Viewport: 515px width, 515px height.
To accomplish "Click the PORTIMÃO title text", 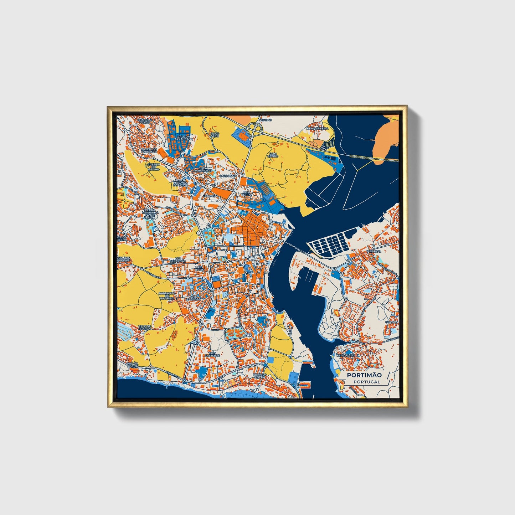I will point(364,375).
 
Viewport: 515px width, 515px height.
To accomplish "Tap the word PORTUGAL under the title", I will point(367,382).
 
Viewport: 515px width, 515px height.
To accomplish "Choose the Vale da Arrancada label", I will point(185,138).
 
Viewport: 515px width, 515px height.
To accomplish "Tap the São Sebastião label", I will point(178,260).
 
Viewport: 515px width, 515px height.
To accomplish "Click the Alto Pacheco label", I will point(196,298).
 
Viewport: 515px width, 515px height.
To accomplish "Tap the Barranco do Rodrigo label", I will point(167,295).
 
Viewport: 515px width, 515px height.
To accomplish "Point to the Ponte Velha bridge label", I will point(296,247).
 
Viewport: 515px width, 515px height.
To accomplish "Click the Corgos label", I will point(391,322).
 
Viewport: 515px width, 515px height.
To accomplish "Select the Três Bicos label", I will point(199,268).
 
